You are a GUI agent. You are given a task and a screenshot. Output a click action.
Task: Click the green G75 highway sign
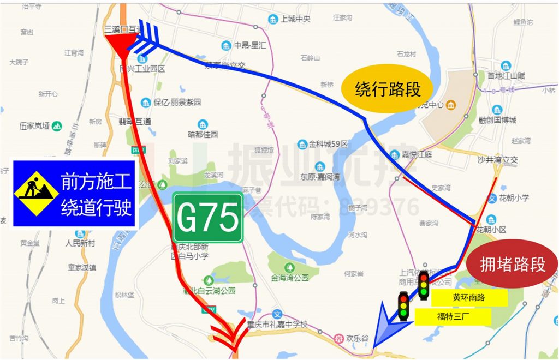pos(208,218)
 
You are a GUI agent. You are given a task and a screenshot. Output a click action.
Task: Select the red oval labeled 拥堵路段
pos(512,265)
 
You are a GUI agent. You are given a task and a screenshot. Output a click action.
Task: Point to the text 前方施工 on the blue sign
pos(96,180)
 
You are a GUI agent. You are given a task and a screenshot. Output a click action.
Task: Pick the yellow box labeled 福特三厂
pos(453,316)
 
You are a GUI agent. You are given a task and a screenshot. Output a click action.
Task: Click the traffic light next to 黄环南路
pos(424,285)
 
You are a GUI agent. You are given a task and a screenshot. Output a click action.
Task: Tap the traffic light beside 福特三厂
pos(403,307)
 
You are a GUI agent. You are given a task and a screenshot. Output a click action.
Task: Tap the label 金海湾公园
pos(290,278)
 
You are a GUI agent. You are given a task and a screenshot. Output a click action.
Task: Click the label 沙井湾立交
pos(497,159)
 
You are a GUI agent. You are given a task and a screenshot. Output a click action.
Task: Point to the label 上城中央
pos(295,19)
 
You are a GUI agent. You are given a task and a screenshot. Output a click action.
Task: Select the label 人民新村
pos(80,243)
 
